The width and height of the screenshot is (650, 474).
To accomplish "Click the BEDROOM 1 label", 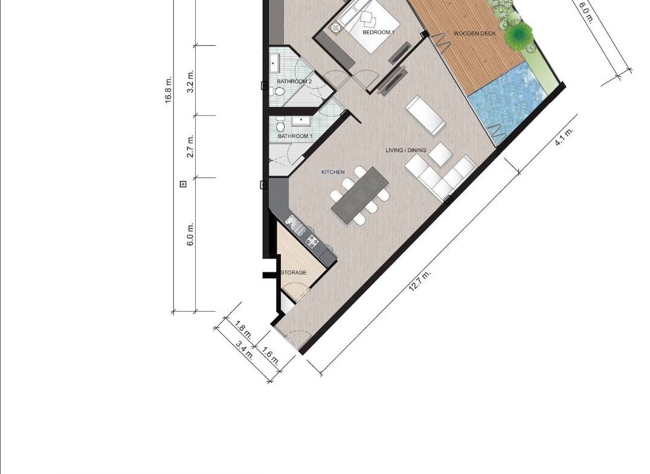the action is coord(379,33).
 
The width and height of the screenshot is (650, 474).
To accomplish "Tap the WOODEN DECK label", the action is coord(474,34).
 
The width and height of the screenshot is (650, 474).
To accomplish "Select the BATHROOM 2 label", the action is coord(294,82).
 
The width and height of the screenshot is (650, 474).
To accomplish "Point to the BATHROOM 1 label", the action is coord(295,136).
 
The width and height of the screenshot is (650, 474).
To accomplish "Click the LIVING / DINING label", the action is coord(406,150).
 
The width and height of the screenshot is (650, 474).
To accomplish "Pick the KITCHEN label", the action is coord(333,172).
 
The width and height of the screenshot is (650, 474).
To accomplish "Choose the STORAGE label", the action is coord(294,273).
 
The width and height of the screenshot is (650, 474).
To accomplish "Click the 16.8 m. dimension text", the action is coord(168,90).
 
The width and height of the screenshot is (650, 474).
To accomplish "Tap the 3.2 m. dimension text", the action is coord(190,82).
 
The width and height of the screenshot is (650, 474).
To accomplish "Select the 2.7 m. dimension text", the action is coord(190,146).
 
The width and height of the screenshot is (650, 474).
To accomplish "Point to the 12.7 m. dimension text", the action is coord(420,281).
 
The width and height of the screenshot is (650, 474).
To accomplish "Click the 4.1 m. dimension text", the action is coord(564,136).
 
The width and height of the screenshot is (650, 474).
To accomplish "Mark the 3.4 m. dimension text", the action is coord(245,350).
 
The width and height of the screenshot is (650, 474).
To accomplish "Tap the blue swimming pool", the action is coord(507,104).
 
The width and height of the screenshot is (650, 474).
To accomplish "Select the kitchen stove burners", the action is coord(312,240).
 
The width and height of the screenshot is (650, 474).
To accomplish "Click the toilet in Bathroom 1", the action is coord(281,125).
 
